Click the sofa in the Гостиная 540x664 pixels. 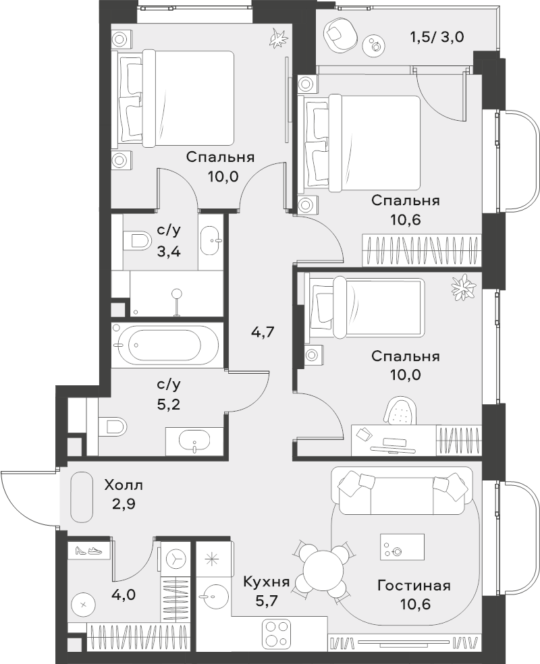402,491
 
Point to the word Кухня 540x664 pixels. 267,582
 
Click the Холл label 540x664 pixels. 124,485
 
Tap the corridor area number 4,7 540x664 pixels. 263,331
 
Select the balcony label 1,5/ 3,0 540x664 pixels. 437,37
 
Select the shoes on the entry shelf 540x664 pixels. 87,551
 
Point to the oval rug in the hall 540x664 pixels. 81,497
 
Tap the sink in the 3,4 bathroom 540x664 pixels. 211,241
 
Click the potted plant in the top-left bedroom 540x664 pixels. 279,38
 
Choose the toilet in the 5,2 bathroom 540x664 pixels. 111,427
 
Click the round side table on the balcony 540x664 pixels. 375,44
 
